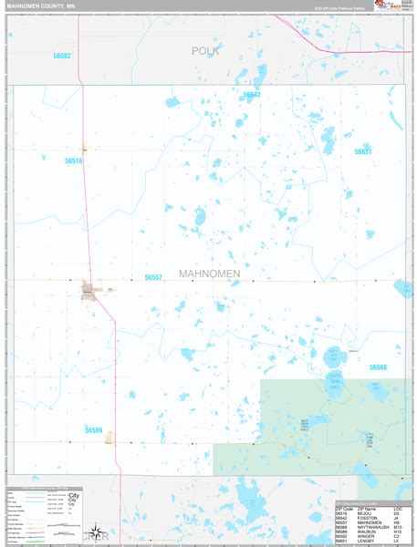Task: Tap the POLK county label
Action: pyautogui.click(x=206, y=51)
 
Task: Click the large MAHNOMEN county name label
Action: pyautogui.click(x=210, y=273)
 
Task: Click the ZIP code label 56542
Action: pyautogui.click(x=252, y=95)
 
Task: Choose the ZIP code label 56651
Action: pyautogui.click(x=363, y=152)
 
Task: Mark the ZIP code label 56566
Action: pyautogui.click(x=378, y=367)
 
